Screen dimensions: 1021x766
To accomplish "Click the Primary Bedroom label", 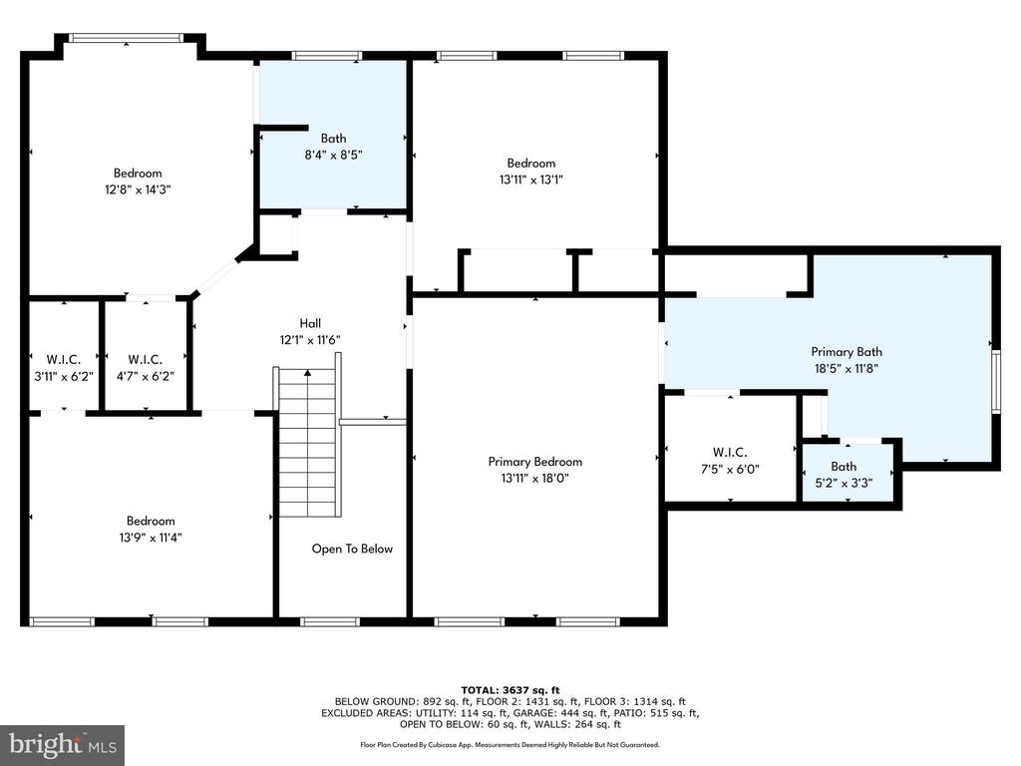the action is pyautogui.click(x=535, y=462).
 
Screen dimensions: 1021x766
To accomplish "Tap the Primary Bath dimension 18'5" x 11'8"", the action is pyautogui.click(x=847, y=369).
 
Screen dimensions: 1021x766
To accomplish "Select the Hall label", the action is pyautogui.click(x=310, y=323).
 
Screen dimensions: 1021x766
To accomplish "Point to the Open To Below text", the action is pyautogui.click(x=352, y=550).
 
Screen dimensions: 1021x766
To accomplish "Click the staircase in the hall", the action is pyautogui.click(x=307, y=442).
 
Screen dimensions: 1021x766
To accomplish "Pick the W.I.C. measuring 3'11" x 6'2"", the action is pyautogui.click(x=64, y=368).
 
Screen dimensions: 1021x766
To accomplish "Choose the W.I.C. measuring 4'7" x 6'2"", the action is pyautogui.click(x=146, y=368).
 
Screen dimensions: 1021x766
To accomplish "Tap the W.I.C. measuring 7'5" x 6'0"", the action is pyautogui.click(x=730, y=461).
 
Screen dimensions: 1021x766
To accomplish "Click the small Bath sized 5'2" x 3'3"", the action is pyautogui.click(x=844, y=475).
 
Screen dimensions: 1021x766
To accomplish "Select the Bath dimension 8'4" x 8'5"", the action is pyautogui.click(x=333, y=155).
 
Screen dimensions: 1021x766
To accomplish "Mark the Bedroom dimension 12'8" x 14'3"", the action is pyautogui.click(x=138, y=191).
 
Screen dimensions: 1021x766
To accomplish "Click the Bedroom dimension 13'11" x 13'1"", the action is pyautogui.click(x=531, y=181).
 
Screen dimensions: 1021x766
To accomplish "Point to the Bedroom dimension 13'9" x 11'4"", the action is pyautogui.click(x=151, y=538).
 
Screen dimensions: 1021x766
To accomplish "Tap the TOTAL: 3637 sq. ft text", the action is pyautogui.click(x=510, y=690).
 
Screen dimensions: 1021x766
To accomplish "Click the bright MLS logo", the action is pyautogui.click(x=63, y=744).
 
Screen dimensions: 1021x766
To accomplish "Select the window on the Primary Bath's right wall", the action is pyautogui.click(x=996, y=381).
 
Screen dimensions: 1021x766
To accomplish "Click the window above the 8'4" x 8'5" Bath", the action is pyautogui.click(x=327, y=56).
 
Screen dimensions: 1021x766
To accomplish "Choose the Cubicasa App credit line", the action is pyautogui.click(x=510, y=744).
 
